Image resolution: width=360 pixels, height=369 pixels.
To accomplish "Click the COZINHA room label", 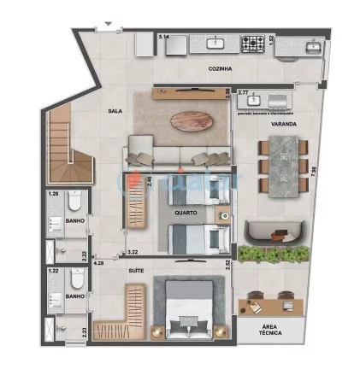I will coord(220,67).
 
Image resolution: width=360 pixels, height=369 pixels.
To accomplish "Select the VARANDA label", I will coord(284,124).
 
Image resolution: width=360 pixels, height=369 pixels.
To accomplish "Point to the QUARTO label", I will coord(186,213).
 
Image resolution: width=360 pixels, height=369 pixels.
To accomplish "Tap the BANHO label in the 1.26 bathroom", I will coord(75,222).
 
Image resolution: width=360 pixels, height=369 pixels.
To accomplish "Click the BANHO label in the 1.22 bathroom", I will coord(74,296).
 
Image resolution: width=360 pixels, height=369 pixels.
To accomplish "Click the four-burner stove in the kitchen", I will coord(252,41).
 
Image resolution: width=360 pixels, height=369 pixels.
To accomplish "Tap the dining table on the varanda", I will coord(286,167).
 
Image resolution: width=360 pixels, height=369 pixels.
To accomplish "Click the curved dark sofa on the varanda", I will coord(270,231).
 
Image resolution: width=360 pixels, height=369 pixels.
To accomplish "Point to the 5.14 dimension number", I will coord(164,37).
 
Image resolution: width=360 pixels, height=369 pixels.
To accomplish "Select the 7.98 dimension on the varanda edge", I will coord(314,171).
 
